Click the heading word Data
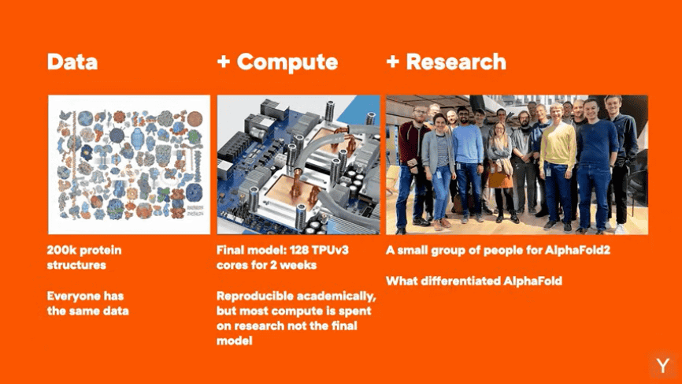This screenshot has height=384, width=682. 72,62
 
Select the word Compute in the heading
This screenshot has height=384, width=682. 287,62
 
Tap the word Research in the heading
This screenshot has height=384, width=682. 456,62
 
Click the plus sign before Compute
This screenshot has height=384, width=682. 224,62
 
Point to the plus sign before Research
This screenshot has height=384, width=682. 393,62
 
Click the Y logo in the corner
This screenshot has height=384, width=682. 663,366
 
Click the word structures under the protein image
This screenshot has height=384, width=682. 76,265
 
